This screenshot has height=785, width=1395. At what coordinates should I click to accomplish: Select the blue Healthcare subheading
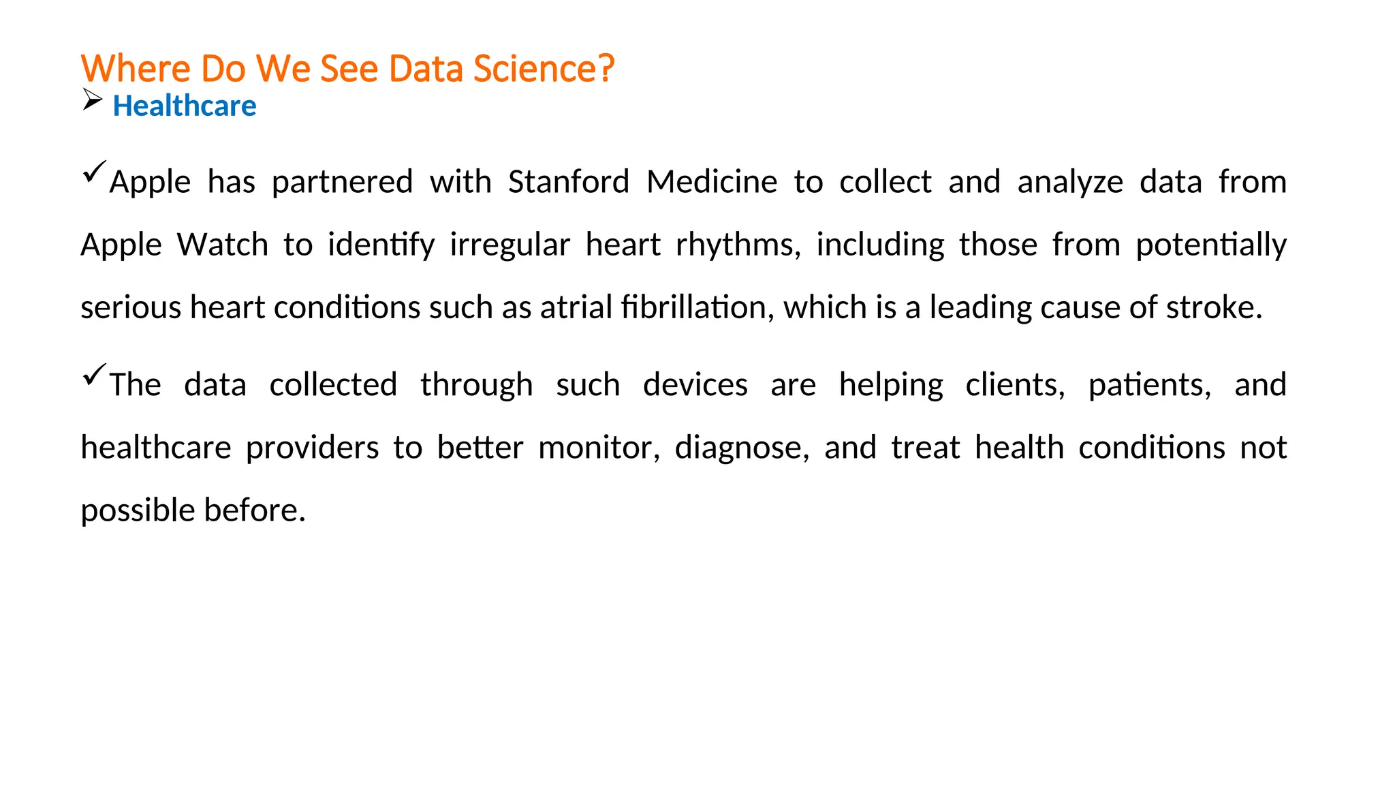pos(185,106)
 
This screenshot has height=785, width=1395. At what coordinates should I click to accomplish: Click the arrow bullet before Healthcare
pos(92,100)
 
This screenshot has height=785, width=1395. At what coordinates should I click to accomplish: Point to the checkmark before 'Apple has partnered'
pos(94,171)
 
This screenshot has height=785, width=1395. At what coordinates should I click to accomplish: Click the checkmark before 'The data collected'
pos(94,374)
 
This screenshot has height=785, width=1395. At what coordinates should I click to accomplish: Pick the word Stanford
pos(569,182)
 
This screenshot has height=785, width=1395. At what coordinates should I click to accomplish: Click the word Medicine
pos(712,182)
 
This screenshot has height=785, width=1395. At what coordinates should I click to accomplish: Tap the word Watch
pos(223,245)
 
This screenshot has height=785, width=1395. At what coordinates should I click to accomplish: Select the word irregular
pos(510,245)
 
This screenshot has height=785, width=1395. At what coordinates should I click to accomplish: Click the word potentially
pos(1211,245)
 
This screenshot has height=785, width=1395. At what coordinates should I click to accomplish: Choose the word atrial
pos(576,307)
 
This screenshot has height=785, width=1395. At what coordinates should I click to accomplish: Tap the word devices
pos(695,385)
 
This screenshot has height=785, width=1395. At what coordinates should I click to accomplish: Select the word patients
pos(1148,385)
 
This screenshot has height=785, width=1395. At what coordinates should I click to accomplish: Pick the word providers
pos(312,448)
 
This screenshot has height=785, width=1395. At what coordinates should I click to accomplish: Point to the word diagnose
pos(741,448)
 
